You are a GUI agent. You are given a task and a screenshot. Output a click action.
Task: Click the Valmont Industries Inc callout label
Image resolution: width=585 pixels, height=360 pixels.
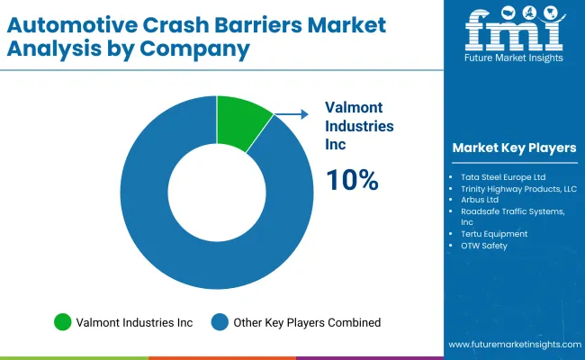[x=358, y=127]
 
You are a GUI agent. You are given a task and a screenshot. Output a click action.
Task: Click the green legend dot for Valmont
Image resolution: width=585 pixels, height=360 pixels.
[x=62, y=321]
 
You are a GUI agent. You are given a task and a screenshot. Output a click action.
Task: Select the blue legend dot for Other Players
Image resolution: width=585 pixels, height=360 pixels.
[x=220, y=321]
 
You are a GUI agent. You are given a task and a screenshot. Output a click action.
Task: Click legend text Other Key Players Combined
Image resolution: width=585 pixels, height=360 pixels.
[x=307, y=321]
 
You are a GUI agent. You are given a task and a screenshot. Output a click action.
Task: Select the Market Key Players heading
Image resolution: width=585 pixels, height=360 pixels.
[x=515, y=148]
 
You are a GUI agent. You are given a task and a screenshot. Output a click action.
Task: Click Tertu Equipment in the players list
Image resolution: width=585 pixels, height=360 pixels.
[x=494, y=233]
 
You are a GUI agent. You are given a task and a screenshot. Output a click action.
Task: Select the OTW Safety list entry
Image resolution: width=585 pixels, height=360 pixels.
[x=484, y=245]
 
